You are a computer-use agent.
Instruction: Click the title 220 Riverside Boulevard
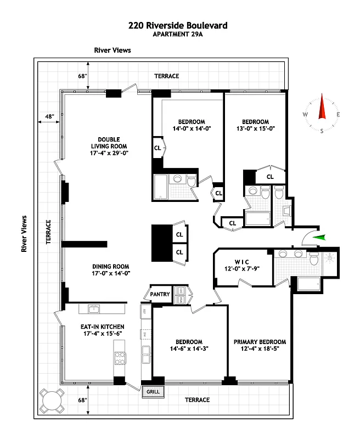coord(177,25)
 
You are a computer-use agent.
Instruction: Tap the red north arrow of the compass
coord(322,107)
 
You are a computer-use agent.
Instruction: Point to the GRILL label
coord(151,392)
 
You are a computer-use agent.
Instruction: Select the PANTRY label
coord(160,294)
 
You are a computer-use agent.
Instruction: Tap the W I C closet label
coord(241,261)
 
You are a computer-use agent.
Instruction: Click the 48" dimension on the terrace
coord(50,116)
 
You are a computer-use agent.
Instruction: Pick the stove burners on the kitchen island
coord(120,358)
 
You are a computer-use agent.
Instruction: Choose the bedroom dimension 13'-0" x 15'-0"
coord(255,129)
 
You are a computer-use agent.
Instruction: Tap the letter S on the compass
coord(322,131)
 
